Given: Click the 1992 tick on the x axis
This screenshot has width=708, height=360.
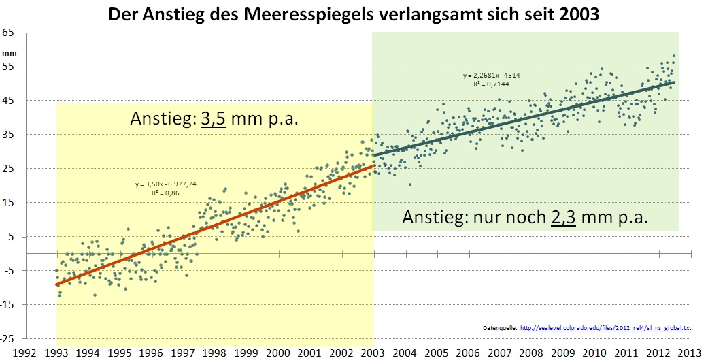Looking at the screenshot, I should [24, 353].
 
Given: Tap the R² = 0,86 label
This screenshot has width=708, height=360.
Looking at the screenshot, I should [161, 193].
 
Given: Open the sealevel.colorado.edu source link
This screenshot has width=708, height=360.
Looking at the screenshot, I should [605, 328].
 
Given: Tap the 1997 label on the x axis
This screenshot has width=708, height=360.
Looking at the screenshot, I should [183, 353].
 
